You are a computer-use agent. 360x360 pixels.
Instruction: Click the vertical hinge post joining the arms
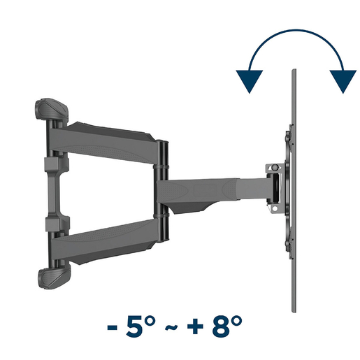(x=162, y=192)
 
